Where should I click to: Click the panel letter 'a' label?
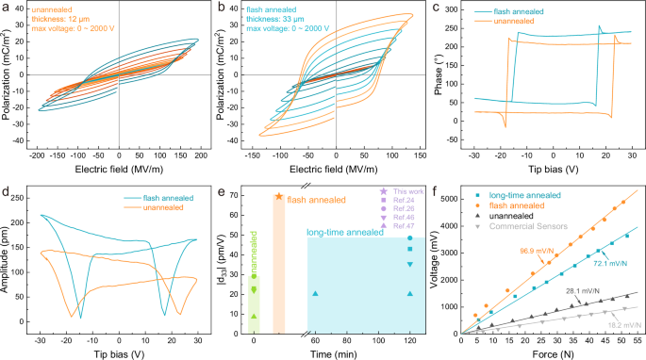click(x=6, y=8)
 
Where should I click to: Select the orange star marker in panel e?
click(x=278, y=197)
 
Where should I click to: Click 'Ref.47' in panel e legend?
click(x=403, y=226)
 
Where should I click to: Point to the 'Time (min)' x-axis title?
click(x=328, y=353)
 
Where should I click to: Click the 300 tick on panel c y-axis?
click(x=459, y=9)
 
